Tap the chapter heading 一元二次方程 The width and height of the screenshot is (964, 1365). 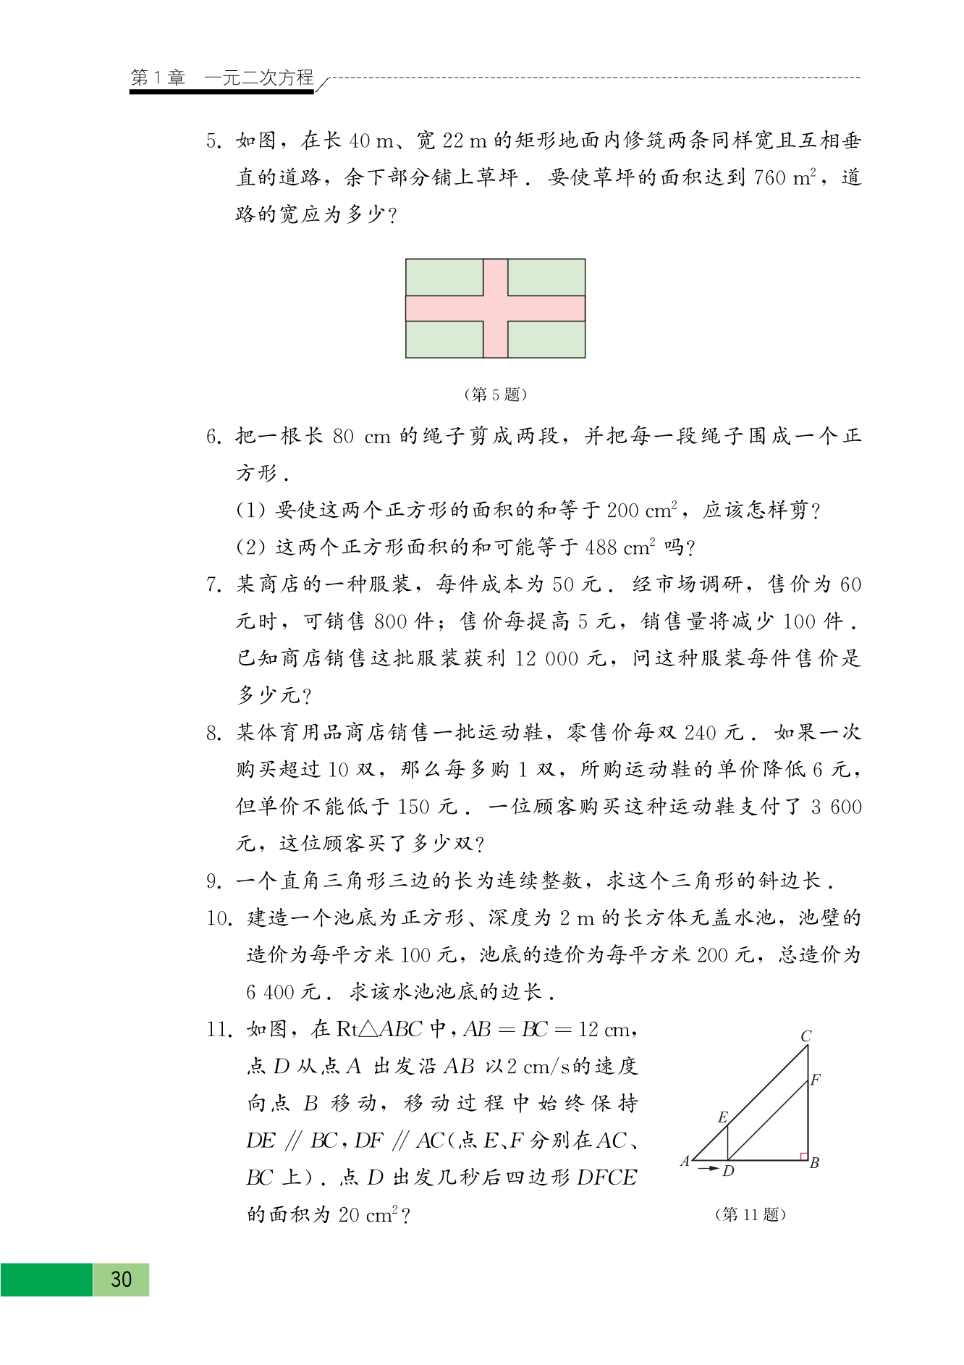259,77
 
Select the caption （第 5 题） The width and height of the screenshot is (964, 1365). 495,395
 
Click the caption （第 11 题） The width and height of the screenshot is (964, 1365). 750,1214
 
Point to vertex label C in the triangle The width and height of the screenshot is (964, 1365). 806,1036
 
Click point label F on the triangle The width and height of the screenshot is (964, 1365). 816,1080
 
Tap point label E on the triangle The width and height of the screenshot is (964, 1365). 722,1117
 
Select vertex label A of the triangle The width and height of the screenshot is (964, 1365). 685,1162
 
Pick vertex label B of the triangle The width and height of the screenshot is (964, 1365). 814,1164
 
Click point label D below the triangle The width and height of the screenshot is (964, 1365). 728,1171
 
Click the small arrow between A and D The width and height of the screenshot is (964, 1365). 709,1168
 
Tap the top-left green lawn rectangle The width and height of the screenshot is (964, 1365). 444,277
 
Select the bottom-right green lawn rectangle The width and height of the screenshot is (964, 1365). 546,339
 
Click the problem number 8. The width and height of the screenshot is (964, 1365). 213,734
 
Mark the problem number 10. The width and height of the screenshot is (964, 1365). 217,919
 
